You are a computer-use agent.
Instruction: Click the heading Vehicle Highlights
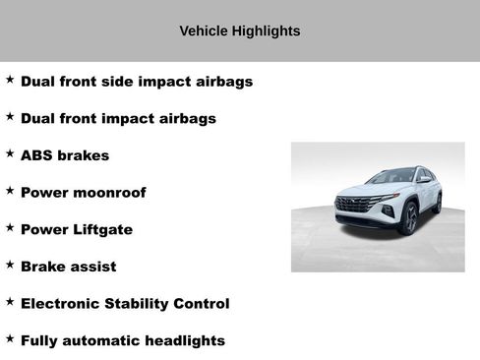point(240,31)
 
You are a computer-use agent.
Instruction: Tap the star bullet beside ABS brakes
point(10,153)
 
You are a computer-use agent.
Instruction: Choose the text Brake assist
point(68,267)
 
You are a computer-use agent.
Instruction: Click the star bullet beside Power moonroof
point(10,191)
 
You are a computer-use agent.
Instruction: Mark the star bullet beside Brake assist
point(10,265)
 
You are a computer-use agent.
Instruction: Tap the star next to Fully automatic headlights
point(10,338)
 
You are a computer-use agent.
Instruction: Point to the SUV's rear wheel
point(437,204)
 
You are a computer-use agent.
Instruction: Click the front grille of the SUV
point(354,205)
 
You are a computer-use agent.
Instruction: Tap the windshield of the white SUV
point(390,177)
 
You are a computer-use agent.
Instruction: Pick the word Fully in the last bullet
point(39,340)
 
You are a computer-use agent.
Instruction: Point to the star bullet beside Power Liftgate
point(10,227)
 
